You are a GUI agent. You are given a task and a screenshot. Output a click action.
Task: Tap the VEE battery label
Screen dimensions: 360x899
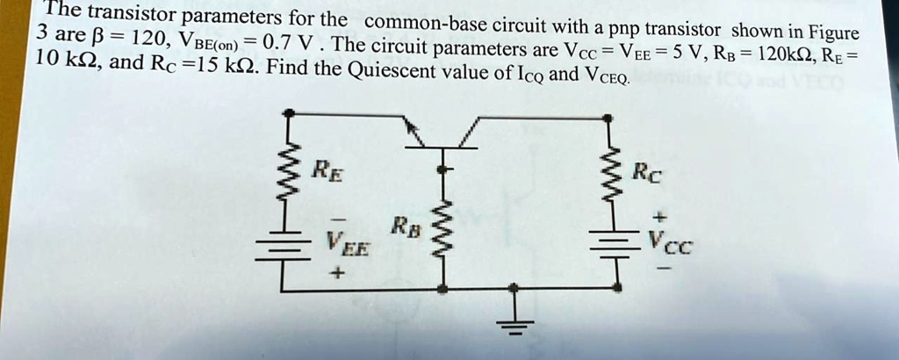click(x=345, y=241)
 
